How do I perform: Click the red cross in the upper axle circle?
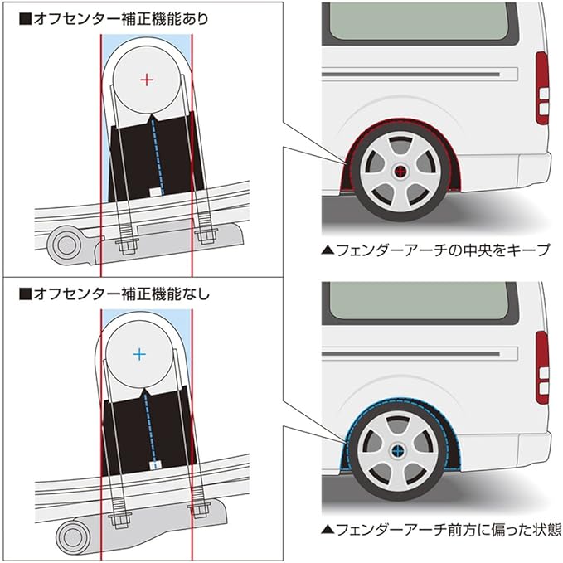coord(147,80)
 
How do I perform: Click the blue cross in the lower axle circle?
coord(139,354)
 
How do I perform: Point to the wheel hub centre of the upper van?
coord(400,172)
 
